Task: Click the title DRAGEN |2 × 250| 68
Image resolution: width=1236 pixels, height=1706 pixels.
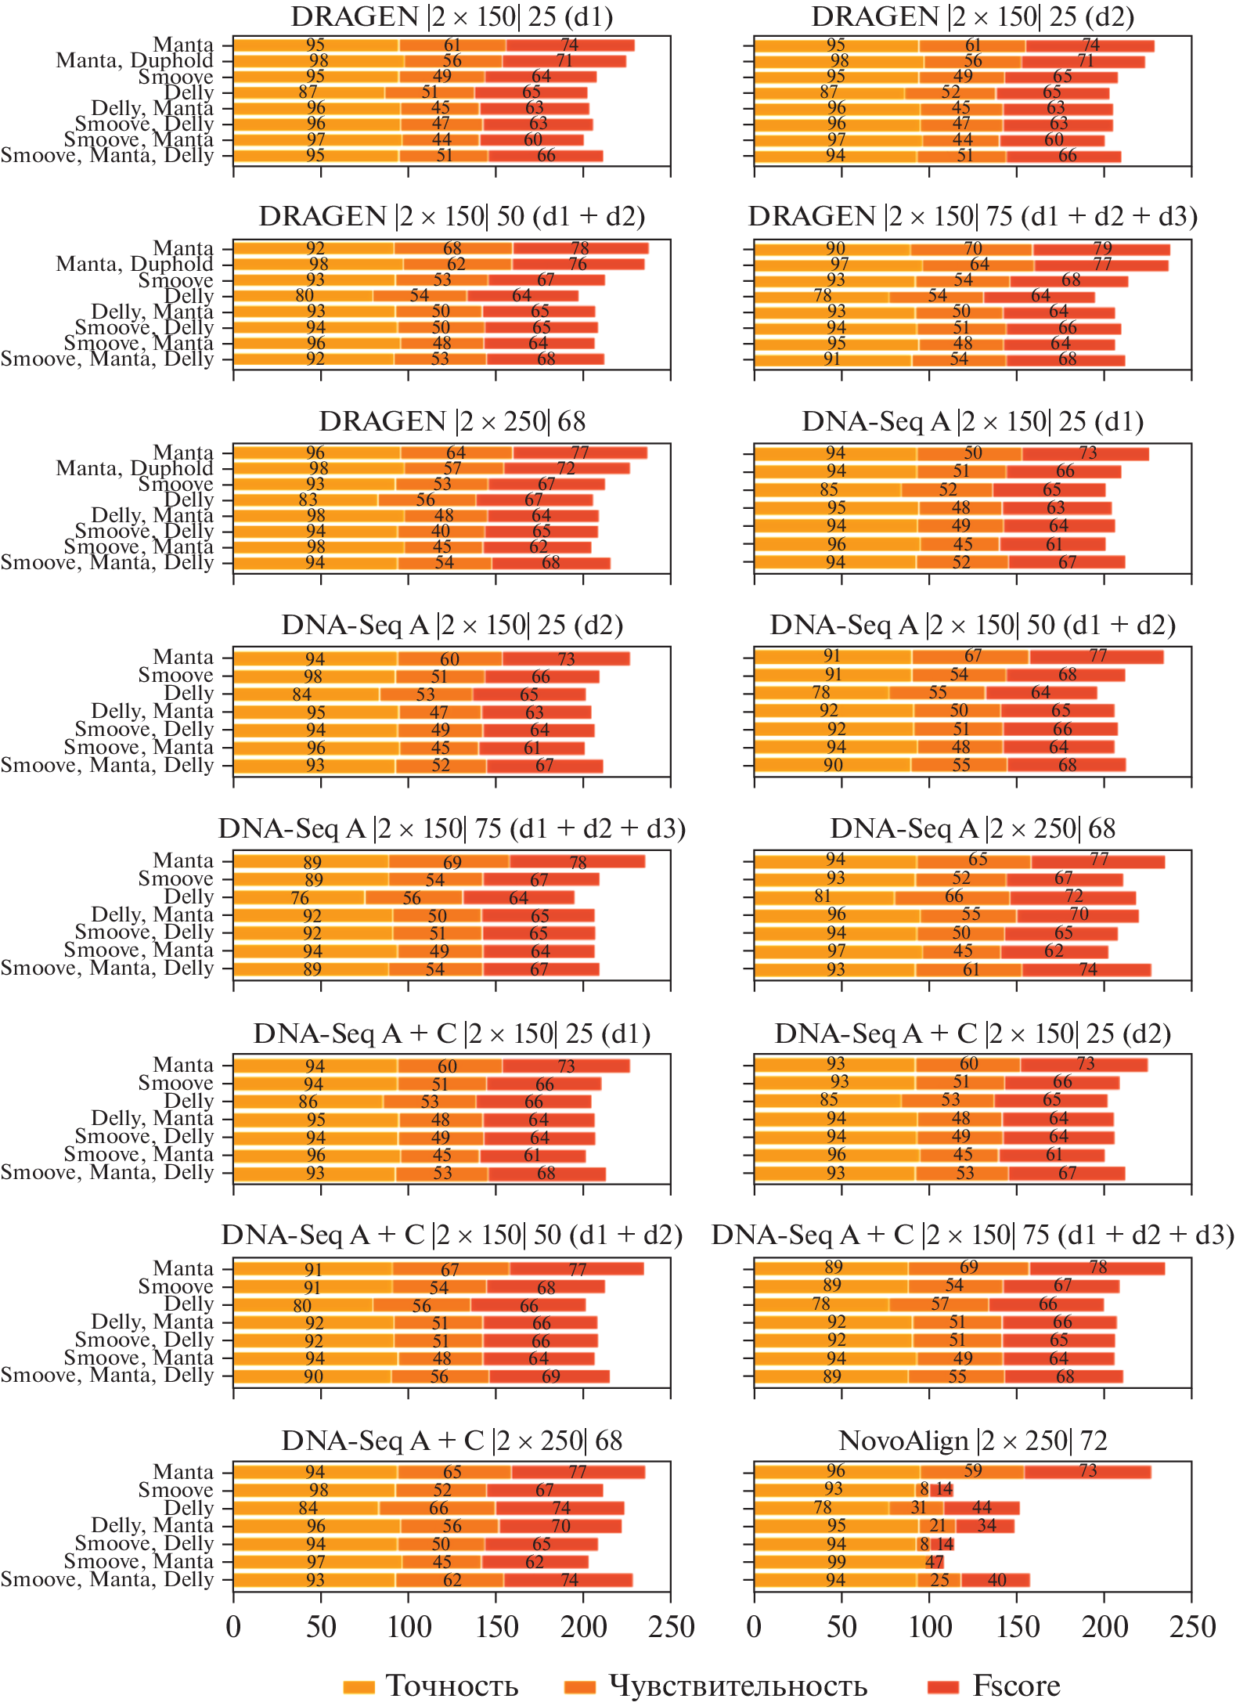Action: pos(452,422)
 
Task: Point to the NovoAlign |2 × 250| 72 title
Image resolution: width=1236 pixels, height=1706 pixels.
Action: pos(972,1441)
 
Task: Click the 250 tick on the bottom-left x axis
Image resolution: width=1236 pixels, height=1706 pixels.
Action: pos(671,1627)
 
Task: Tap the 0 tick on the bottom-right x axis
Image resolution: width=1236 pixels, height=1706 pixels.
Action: pos(754,1627)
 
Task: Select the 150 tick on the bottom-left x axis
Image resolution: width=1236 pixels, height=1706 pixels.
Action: pos(496,1627)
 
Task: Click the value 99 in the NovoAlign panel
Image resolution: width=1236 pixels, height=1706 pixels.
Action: pos(836,1562)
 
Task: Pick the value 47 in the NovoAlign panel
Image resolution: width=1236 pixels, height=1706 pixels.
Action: pos(935,1562)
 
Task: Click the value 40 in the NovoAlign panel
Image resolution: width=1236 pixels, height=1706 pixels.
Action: pos(996,1580)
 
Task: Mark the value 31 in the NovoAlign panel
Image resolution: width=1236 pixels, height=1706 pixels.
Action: pos(918,1507)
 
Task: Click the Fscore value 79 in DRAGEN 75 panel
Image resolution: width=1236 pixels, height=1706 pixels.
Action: pos(1102,249)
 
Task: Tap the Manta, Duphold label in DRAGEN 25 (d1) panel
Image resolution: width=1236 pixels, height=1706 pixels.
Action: pos(135,61)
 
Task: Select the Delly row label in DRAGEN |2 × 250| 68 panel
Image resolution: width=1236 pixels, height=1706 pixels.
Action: pos(189,500)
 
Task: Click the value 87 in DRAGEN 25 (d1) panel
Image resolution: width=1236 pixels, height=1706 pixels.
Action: pos(308,92)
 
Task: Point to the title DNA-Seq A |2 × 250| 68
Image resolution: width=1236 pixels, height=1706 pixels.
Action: pos(972,829)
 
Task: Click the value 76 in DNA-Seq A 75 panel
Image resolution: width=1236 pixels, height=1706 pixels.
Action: pos(300,898)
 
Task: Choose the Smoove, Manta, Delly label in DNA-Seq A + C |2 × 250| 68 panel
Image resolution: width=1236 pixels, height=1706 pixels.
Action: pos(107,1579)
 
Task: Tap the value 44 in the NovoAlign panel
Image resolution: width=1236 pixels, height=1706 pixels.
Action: pos(982,1507)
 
